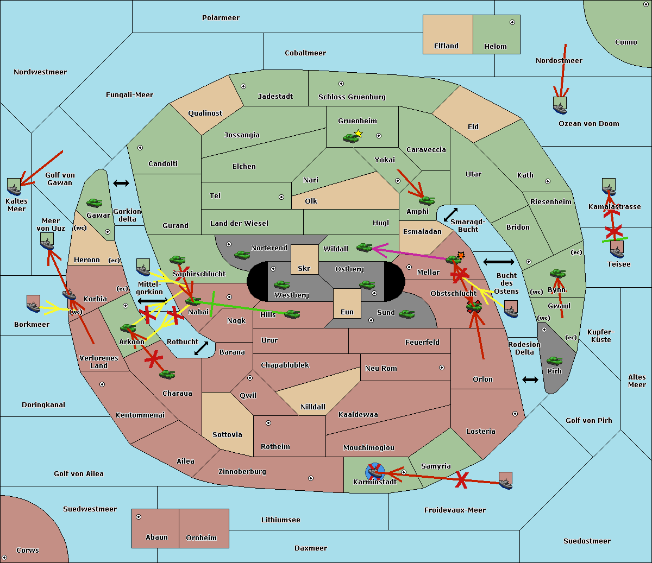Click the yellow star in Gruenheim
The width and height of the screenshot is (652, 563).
(358, 133)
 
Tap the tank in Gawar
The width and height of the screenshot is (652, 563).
(95, 203)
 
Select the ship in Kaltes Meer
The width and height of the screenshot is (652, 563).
(14, 187)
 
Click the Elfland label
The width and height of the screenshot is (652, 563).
(446, 46)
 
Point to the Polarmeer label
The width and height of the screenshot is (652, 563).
(221, 18)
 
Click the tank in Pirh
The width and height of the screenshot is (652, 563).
(554, 360)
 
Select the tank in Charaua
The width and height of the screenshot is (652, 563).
(167, 374)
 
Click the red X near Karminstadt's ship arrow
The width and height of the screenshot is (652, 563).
(461, 480)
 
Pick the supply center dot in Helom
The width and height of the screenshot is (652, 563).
(512, 22)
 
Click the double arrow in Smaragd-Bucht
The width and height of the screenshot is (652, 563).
(450, 214)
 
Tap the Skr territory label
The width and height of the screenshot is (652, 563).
(304, 268)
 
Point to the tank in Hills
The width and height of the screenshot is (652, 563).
(292, 314)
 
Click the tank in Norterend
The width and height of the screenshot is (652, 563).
(242, 255)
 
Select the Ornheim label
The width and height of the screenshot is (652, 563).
(201, 537)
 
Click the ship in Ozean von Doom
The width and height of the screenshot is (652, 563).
(560, 105)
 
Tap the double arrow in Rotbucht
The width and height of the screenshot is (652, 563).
(201, 348)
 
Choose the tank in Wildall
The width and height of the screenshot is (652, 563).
(364, 248)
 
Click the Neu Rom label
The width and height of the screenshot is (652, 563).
(381, 368)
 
